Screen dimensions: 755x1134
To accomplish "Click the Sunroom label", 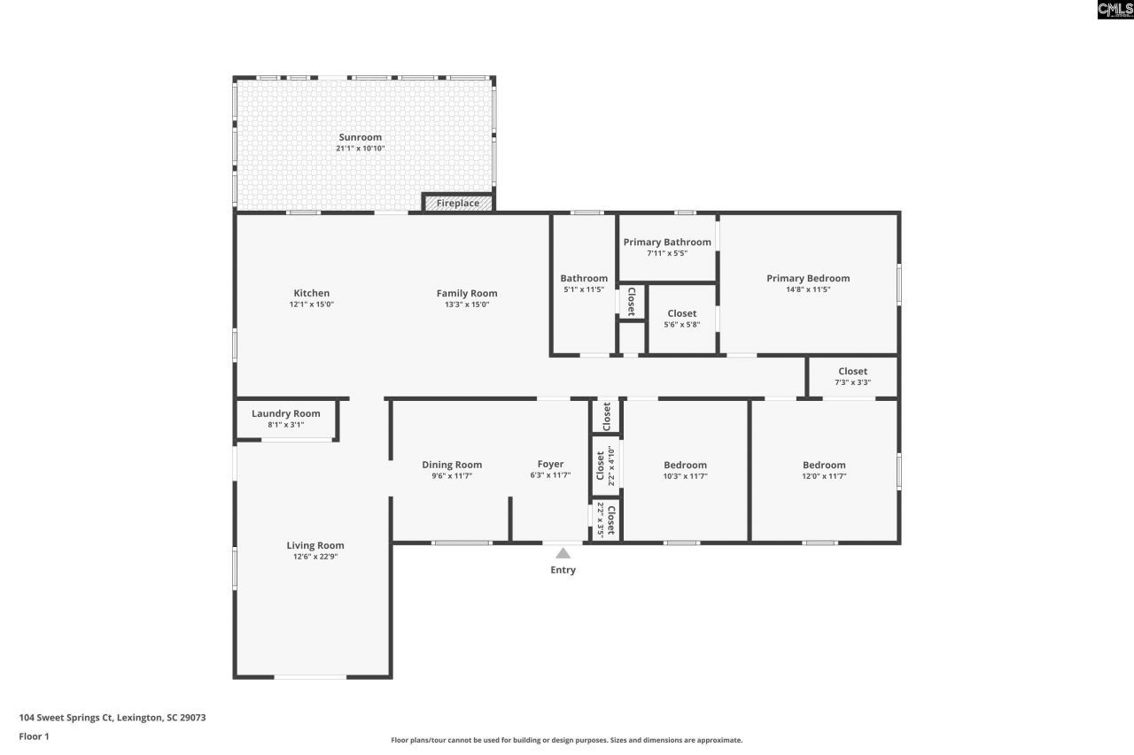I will pos(360,137).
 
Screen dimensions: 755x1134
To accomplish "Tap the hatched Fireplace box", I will pos(457,204).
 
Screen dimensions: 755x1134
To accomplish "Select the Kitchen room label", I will pos(311,293).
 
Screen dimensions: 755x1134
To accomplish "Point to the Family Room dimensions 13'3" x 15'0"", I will pos(467,304).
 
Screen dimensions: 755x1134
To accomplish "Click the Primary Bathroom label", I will pos(666,242).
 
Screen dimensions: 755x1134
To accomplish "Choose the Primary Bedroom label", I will pos(807,278).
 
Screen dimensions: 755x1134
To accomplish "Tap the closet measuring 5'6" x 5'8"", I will pos(681,319).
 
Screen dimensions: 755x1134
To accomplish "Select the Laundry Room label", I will pos(285,413).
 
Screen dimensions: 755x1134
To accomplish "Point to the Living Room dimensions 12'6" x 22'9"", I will pos(315,557).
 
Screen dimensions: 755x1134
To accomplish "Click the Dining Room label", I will pos(451,465).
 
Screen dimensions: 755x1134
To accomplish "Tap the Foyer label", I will pos(550,464).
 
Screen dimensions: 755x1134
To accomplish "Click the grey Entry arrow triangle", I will pos(563,553).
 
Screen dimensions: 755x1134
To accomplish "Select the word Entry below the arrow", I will pos(563,570).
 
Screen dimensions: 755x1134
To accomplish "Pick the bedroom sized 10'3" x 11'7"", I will pos(685,470).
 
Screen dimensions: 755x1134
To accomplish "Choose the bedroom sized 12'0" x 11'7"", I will pos(824,470).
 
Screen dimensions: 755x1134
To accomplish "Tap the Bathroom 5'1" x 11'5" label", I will pos(584,283).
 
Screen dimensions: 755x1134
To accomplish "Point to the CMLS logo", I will pos(1115,10).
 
